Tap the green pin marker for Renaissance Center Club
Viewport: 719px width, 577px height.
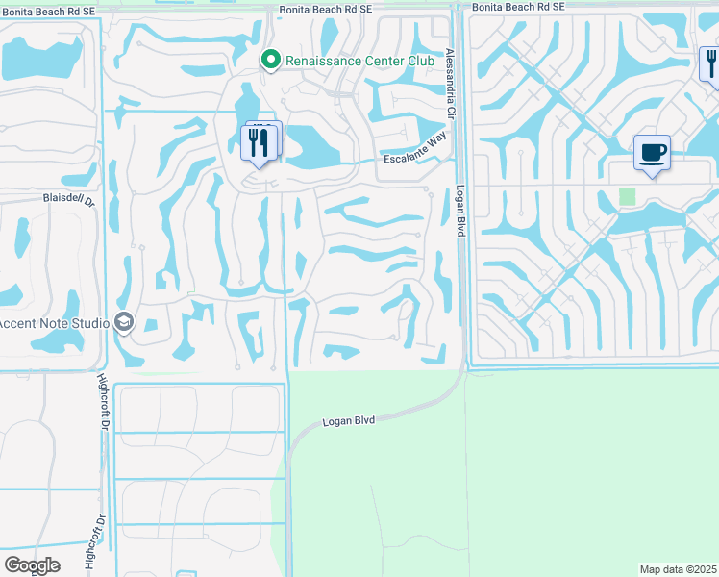(x=271, y=60)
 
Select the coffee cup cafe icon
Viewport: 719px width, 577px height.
(x=652, y=153)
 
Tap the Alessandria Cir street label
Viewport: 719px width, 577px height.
(x=450, y=85)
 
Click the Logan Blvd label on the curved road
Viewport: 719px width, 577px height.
(x=348, y=420)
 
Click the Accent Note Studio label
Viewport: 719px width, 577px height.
(x=53, y=322)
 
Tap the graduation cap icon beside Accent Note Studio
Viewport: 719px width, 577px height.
(x=123, y=322)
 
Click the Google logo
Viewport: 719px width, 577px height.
(x=32, y=565)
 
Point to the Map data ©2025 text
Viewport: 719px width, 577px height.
(x=678, y=568)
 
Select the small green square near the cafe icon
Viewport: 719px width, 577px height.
(x=628, y=196)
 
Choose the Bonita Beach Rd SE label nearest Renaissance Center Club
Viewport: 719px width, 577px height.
(x=331, y=9)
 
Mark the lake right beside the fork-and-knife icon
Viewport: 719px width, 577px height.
(x=306, y=146)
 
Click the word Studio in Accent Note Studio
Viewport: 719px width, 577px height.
(x=87, y=322)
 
